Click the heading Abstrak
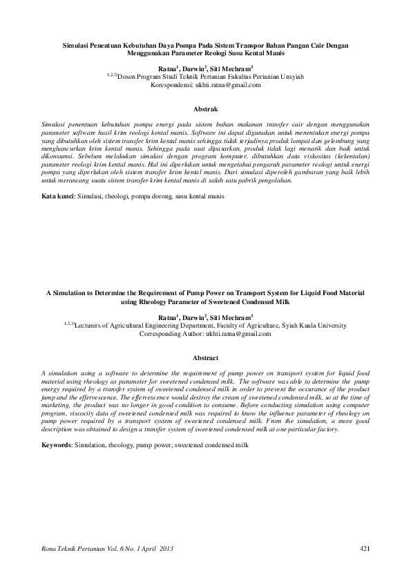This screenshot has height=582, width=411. [205, 109]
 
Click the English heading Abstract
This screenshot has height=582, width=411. [205, 358]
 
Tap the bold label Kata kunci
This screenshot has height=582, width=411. [56, 197]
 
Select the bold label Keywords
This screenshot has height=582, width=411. [57, 446]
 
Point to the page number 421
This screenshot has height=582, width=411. [366, 548]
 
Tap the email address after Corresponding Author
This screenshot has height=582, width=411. [238, 333]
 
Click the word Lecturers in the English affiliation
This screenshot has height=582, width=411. [91, 325]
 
